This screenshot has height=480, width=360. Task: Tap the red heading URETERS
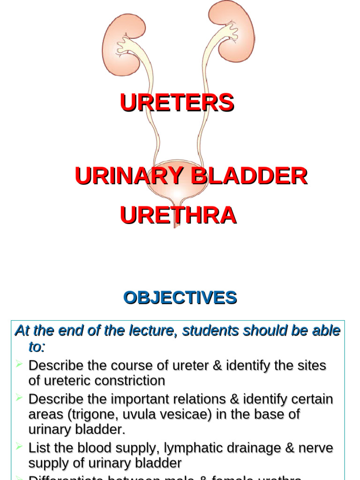pyautogui.click(x=177, y=103)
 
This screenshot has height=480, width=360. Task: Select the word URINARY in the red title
pyautogui.click(x=122, y=176)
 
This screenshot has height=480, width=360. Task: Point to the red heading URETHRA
pyautogui.click(x=178, y=215)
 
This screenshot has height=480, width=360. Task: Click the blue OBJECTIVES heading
pyautogui.click(x=180, y=298)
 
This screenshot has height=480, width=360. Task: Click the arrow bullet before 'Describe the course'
pyautogui.click(x=19, y=364)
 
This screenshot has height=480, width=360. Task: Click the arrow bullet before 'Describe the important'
pyautogui.click(x=19, y=398)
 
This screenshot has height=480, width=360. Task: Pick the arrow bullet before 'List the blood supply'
pyautogui.click(x=19, y=446)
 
